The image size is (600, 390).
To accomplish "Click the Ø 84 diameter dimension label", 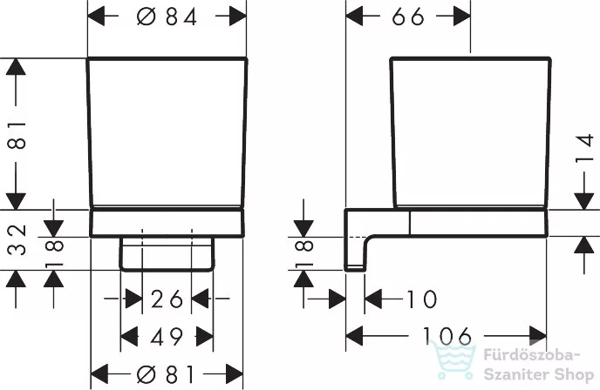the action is pos(167,17).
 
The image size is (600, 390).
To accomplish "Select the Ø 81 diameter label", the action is pos(167,374).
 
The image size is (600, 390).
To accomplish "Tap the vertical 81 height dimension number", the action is pos(17,135).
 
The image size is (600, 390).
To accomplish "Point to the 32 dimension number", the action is pos(17,239).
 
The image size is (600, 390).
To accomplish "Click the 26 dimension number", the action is pos(167,299).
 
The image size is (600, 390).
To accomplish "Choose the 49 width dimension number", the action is pos(167,337).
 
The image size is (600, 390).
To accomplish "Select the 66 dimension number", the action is pos(408,17).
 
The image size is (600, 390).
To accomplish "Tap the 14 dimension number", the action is pos(584,149).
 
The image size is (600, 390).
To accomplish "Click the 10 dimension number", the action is pos(421,299).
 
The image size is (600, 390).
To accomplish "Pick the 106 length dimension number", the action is pos(447,336).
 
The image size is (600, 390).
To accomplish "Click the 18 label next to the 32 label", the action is pos(54,252).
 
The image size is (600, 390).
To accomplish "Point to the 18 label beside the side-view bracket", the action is pos(305,252).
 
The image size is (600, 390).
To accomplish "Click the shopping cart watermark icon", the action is pos(453,360).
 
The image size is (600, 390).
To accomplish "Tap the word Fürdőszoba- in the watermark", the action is pos(529,355).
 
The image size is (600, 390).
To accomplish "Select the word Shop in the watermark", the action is pos(572,375).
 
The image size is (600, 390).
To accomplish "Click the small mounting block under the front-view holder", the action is pos(167,254).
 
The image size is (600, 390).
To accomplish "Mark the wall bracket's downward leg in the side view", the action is pos(355,252).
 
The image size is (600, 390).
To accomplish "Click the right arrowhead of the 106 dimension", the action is pos(538,336).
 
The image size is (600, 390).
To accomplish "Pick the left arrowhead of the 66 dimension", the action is pos(355,17).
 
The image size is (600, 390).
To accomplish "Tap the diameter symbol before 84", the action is pos(147,17).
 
